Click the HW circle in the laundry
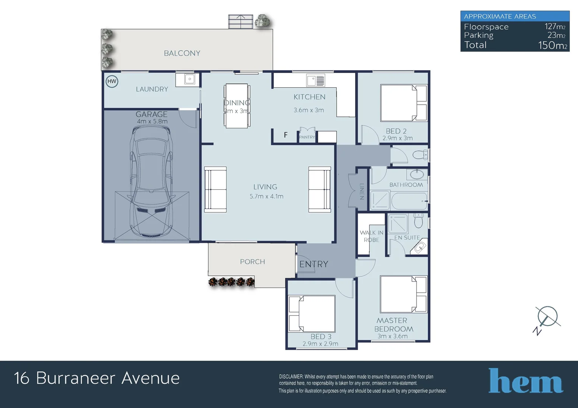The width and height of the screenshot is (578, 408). point(112,82)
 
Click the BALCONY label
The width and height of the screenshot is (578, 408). point(182,53)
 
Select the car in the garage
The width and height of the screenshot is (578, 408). point(151,182)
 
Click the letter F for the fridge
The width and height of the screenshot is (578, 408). point(286,135)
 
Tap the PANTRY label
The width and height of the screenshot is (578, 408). point(307,137)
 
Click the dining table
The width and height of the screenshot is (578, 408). point(237,106)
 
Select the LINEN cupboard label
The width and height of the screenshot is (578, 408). point(362,192)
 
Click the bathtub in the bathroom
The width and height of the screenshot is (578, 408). point(409,201)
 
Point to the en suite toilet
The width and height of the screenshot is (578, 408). point(418,220)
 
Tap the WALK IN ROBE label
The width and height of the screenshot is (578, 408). point(371,236)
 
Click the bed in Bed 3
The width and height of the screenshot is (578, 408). point(312,314)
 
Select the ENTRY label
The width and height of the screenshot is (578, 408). point(314,264)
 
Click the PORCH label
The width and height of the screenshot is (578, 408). point(253,262)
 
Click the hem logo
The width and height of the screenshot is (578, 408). point(526,381)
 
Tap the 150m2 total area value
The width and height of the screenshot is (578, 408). point(552,45)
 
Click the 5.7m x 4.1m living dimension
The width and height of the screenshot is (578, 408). point(267,196)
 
